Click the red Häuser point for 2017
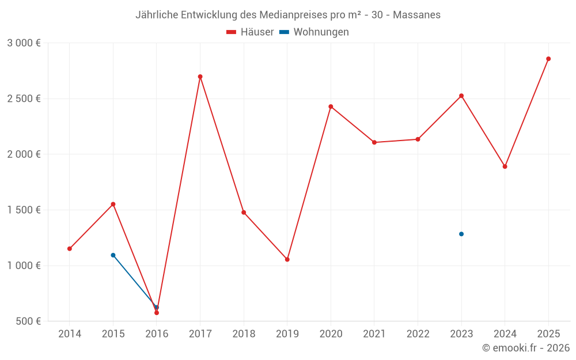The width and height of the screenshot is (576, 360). coord(200,77)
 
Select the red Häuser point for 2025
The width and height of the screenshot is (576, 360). coord(548,59)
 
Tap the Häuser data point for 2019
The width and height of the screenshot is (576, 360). coord(287,259)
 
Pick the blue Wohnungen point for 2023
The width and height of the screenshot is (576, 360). coord(461,234)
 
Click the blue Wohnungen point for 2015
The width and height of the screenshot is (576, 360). coord(113,255)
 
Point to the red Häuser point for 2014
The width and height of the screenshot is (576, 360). coord(70,249)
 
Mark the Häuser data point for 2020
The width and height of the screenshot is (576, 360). coord(331,107)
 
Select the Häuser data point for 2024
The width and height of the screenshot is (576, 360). coord(505,166)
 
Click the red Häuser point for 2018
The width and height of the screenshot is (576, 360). coord(244,213)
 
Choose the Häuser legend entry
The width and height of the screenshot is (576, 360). coord(251,32)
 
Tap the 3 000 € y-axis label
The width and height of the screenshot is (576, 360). coord(24,43)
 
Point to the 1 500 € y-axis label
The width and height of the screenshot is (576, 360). coord(24,210)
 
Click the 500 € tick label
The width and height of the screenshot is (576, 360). coord(28,321)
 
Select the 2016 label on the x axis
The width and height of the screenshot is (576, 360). coord(157,334)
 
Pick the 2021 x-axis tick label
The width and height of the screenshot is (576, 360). coord(374,334)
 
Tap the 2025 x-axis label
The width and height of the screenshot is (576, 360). coord(548,334)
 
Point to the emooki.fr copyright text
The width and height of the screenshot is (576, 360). coord(526,348)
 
